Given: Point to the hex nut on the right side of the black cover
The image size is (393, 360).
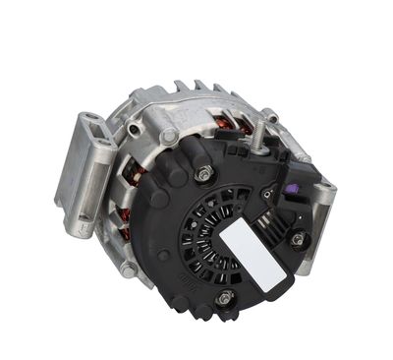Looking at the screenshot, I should click(x=296, y=238).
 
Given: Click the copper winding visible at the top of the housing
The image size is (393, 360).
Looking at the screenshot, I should click(x=226, y=124).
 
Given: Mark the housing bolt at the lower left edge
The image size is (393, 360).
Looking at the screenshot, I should click(x=129, y=269).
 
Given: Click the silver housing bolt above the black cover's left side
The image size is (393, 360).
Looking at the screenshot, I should click(x=170, y=137).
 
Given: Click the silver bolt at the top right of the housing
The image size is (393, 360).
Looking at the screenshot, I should click(x=271, y=118).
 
